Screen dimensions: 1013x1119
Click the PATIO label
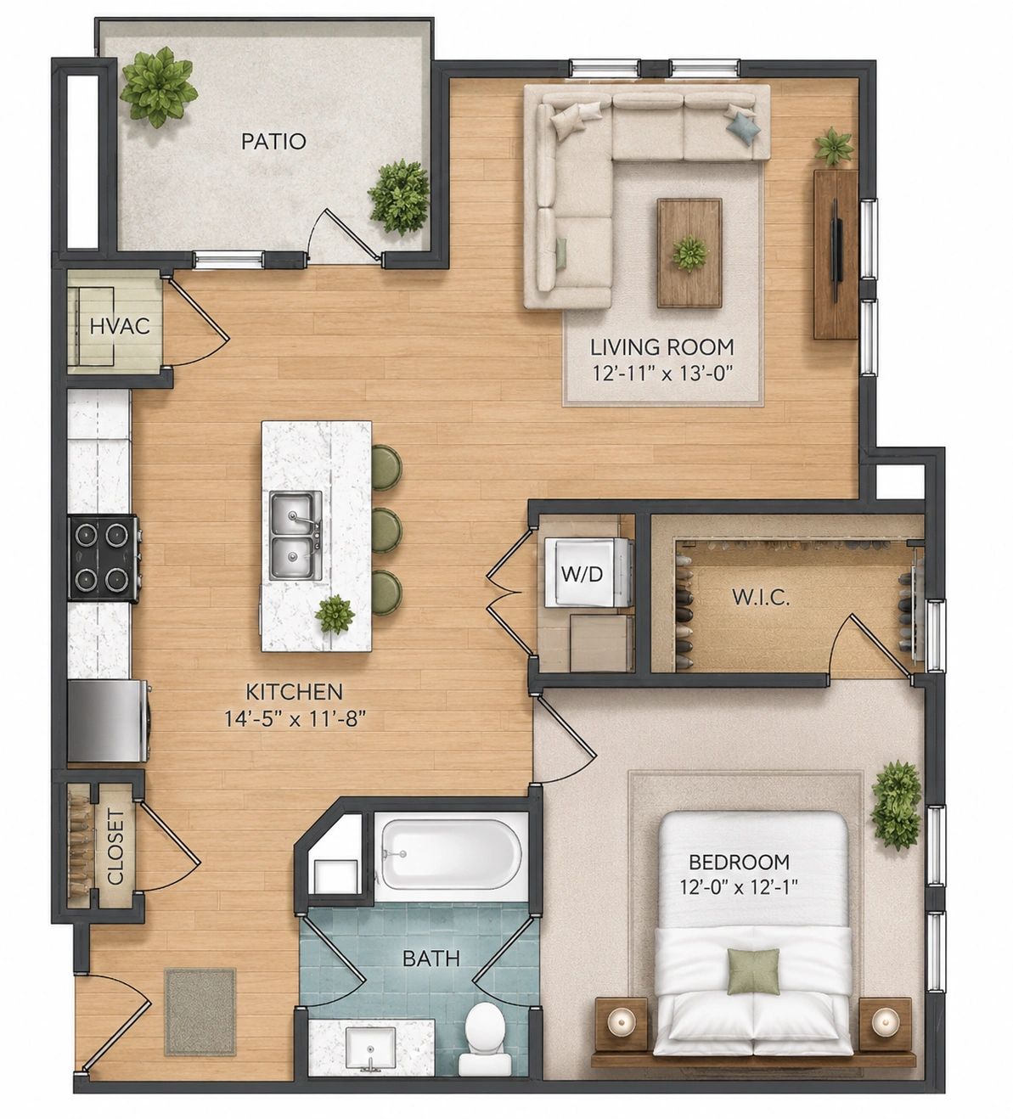(273, 141)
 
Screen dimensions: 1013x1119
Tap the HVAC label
(120, 326)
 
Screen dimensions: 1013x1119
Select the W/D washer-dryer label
(582, 574)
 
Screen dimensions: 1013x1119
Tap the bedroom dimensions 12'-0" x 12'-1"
(739, 886)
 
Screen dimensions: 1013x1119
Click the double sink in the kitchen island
(295, 535)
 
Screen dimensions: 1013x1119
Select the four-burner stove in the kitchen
(104, 558)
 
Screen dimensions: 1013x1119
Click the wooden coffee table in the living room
(689, 253)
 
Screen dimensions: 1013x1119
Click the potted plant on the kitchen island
(335, 614)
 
